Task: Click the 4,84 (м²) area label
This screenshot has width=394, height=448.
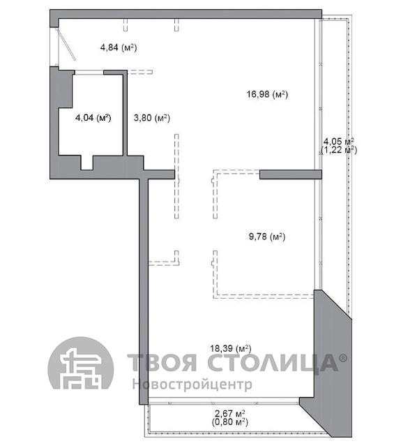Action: pos(119,47)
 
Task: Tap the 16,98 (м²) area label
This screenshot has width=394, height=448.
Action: pos(267,94)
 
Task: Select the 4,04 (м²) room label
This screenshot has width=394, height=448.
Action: pos(93,117)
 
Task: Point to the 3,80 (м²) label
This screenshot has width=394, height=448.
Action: pos(152,117)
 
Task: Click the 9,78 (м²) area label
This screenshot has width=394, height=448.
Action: pos(267,237)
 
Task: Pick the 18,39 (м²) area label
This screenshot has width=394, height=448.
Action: pos(231,348)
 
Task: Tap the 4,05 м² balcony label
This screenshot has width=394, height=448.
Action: pos(339,141)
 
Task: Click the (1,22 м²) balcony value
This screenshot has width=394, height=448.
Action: pos(339,150)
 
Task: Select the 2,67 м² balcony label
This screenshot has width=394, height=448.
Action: pos(230,413)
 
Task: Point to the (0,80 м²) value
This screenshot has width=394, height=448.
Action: pos(230,422)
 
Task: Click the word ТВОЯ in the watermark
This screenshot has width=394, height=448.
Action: pos(162,362)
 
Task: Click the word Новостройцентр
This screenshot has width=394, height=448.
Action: pos(192,384)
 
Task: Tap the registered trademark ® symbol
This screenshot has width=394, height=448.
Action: pos(343,358)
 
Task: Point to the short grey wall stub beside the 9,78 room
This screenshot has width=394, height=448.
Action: pos(291,174)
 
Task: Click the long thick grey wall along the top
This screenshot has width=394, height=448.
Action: pos(186,14)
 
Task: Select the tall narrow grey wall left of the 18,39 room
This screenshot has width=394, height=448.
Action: pos(144,292)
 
